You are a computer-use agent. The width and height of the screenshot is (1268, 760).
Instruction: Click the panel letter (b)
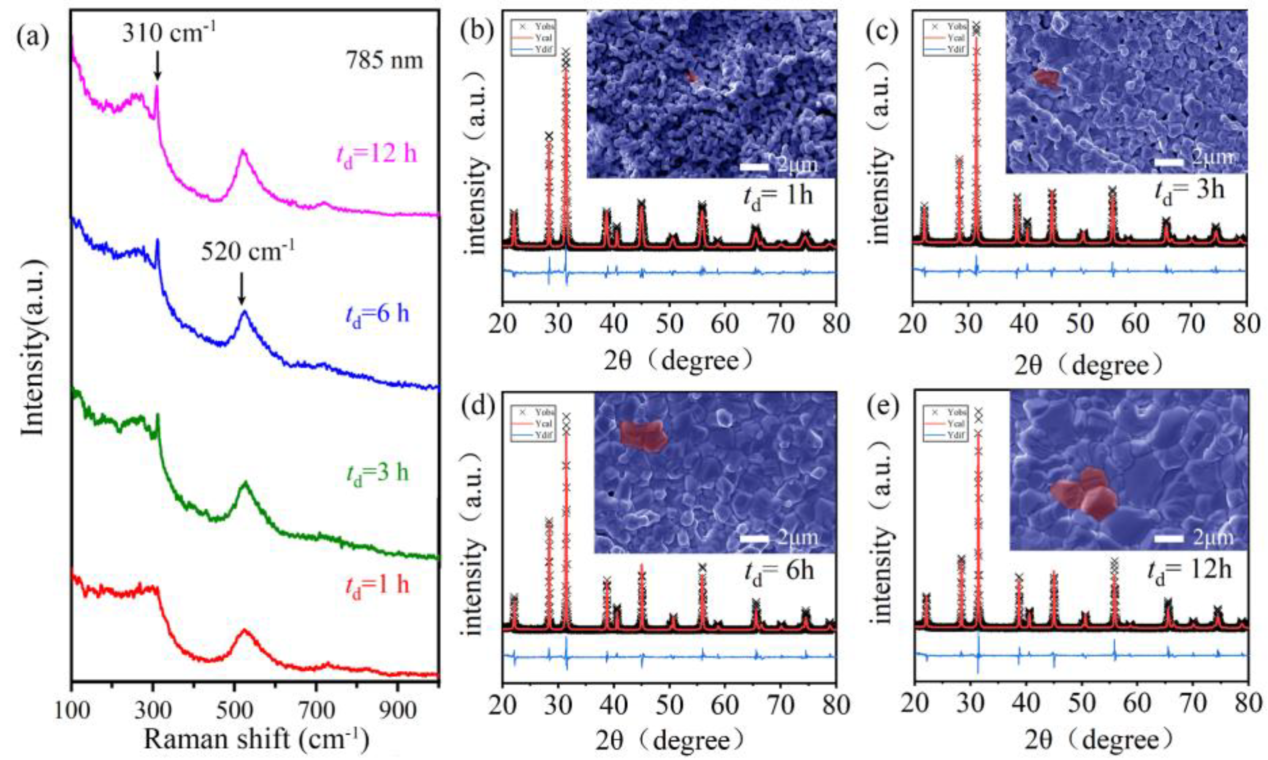click(477, 31)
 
